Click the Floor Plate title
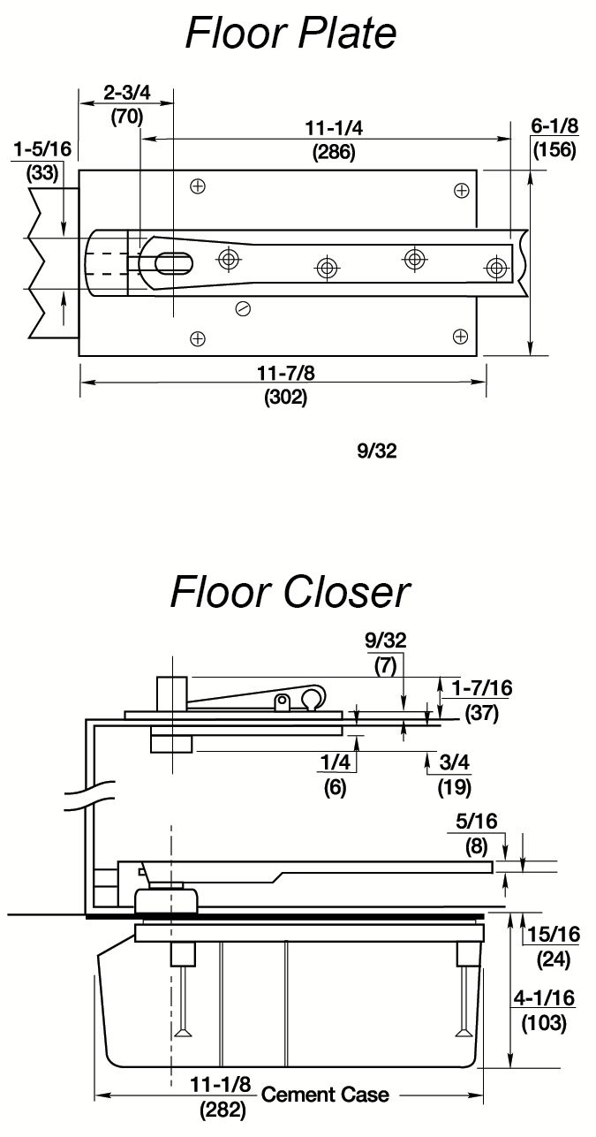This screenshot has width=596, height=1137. click(x=290, y=34)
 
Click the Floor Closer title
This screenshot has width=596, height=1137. click(x=290, y=592)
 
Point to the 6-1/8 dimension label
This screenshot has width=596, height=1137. click(x=554, y=128)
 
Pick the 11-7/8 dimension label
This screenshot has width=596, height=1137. click(x=285, y=373)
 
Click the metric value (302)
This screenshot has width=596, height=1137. click(x=285, y=398)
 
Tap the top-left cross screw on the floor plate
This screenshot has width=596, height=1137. click(x=198, y=186)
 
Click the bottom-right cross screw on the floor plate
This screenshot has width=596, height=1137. click(x=460, y=335)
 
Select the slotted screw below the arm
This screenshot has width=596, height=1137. click(x=243, y=307)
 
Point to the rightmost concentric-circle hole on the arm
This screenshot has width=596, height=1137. click(x=497, y=267)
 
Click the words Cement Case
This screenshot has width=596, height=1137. click(x=325, y=1095)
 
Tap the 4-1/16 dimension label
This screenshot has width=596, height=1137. click(x=543, y=998)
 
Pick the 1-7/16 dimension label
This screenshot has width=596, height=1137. click(x=481, y=688)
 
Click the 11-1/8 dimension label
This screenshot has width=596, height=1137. click(x=221, y=1084)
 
